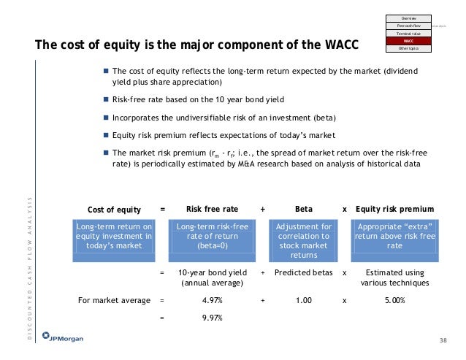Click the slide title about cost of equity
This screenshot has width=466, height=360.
[197, 46]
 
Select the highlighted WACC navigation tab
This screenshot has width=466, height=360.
[408, 42]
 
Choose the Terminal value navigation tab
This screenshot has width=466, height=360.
[408, 33]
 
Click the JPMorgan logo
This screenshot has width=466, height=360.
[61, 341]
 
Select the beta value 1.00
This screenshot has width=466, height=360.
[303, 299]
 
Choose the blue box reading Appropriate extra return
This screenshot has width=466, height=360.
[394, 237]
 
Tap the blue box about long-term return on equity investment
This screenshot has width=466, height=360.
[113, 237]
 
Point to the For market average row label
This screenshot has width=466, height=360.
[114, 299]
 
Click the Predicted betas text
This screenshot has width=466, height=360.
[303, 272]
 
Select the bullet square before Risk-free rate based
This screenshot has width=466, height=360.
[106, 99]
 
